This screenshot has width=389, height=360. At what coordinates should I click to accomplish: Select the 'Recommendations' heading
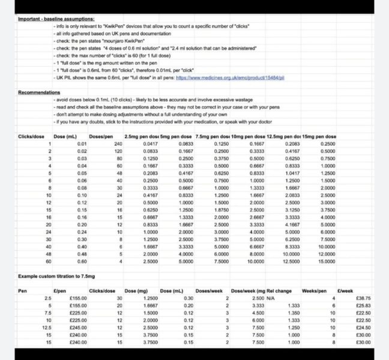39,92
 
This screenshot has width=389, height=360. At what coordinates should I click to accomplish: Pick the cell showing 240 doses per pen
118,144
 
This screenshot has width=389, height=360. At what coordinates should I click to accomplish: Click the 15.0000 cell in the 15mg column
327,262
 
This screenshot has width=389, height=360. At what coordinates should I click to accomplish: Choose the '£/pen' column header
59,290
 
